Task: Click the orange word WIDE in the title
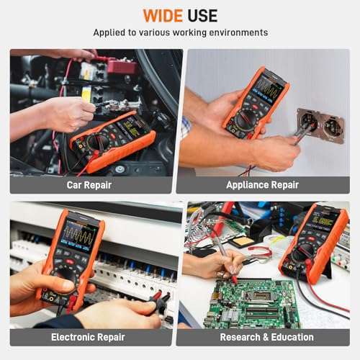[163, 16]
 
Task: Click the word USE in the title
[202, 16]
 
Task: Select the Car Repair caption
[89, 185]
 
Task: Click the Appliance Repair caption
[262, 185]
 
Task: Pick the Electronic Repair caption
[88, 337]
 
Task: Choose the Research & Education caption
[266, 337]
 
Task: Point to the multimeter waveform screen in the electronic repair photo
[78, 235]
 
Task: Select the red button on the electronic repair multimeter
[70, 261]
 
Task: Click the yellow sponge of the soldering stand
[242, 241]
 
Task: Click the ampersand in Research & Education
[266, 337]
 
